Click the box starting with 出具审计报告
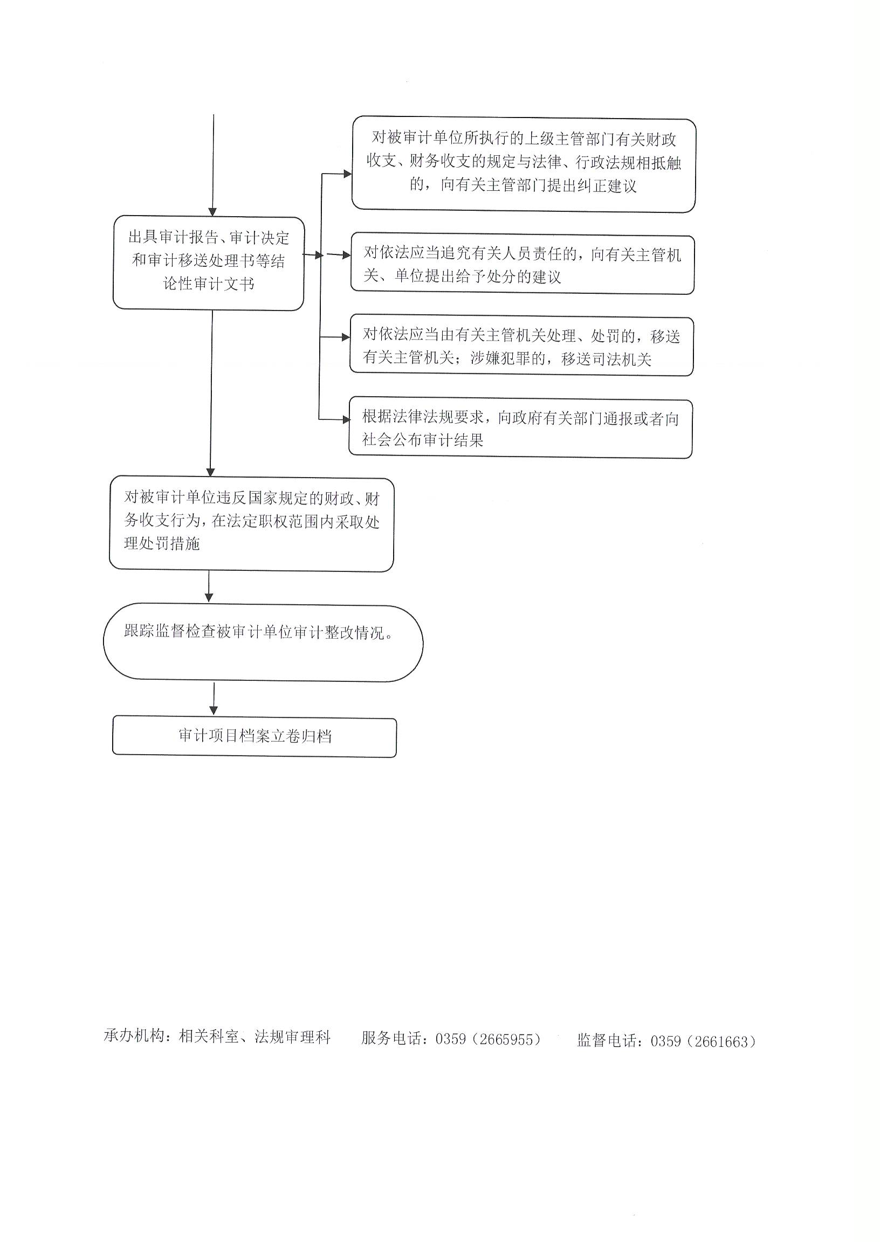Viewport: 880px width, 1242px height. click(x=209, y=263)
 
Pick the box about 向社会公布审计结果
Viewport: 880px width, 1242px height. click(x=520, y=428)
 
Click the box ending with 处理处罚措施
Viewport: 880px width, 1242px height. click(x=251, y=524)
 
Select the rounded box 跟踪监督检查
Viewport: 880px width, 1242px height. click(x=263, y=643)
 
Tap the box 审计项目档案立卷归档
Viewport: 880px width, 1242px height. click(x=254, y=737)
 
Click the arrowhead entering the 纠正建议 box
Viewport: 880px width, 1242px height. click(x=347, y=174)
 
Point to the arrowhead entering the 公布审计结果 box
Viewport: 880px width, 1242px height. click(x=345, y=419)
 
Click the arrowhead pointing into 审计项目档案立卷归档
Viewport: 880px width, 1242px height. click(x=214, y=710)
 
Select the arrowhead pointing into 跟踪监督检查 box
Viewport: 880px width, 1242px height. click(x=209, y=597)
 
